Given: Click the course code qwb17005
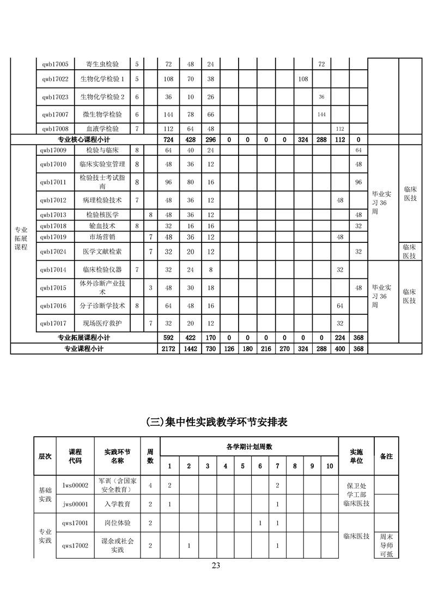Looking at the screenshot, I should click(55, 64).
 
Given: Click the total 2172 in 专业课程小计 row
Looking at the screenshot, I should click(168, 349).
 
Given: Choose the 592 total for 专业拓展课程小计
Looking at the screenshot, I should click(168, 338).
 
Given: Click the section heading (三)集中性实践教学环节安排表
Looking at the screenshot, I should click(216, 421).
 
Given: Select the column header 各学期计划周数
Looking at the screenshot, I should click(249, 447).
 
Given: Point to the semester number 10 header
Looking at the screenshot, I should click(329, 466).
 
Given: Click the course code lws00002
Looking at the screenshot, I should click(76, 485).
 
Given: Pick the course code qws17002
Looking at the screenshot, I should click(76, 545).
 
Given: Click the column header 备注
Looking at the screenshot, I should click(386, 456).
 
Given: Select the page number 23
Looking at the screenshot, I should click(216, 565).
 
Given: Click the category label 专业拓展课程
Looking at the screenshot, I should click(21, 238).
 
